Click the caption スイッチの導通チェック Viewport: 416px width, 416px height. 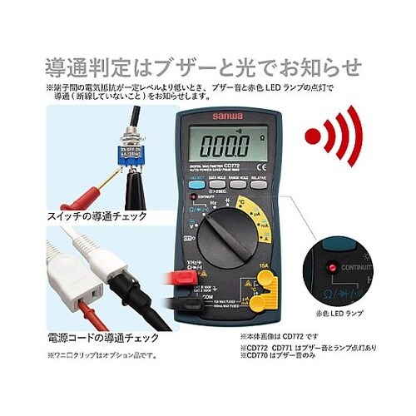pos(100,215)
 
